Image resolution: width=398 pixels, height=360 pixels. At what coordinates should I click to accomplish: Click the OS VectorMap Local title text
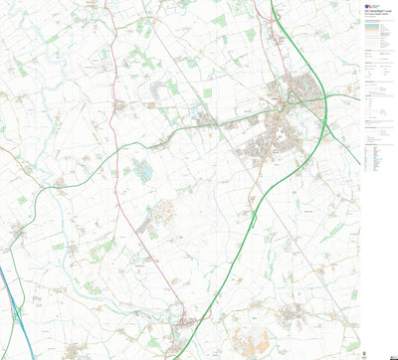point(378,17)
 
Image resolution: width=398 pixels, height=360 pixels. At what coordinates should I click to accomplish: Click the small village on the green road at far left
point(19,232)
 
